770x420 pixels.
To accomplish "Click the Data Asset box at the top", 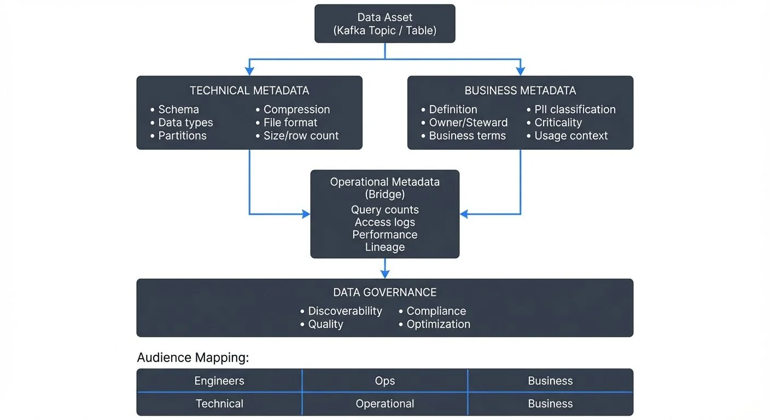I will coord(384,24).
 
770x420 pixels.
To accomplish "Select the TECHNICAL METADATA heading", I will coord(249,91).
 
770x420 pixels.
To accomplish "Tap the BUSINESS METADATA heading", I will coord(520,91).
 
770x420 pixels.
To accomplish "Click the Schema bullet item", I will coord(178,109).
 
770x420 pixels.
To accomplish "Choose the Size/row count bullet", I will coord(301,136).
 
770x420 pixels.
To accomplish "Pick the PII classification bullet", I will coord(575,109).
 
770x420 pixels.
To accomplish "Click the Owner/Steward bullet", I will coord(468,122).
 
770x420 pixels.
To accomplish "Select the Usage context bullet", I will coord(571,136).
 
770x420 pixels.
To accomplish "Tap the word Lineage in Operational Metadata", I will coord(385,247).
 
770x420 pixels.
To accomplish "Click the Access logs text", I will coord(385,222).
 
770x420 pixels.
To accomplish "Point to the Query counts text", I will coord(385,210).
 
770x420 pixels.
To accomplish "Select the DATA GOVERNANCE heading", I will coord(385,293).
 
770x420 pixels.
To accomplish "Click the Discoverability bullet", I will coord(345,311).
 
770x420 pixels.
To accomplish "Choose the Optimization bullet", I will coord(438,324).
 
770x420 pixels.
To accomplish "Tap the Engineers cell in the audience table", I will coord(219,381).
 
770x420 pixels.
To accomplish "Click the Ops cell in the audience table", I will coord(385,381).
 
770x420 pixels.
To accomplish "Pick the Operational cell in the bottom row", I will coord(385,404).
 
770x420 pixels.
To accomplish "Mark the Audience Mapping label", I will coord(193,358).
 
